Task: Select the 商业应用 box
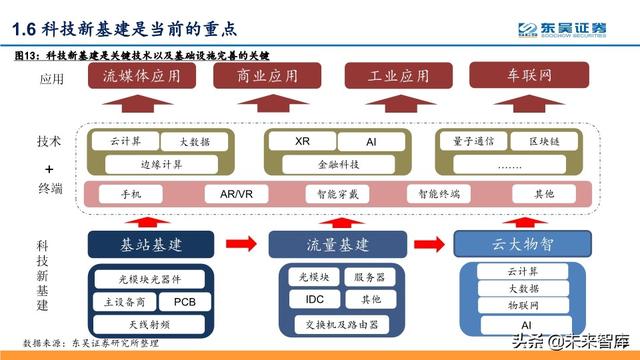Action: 267,76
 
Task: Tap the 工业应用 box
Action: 391,76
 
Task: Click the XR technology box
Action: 302,141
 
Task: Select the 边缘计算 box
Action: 138,164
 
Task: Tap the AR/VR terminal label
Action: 227,193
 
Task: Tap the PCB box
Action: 186,301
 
